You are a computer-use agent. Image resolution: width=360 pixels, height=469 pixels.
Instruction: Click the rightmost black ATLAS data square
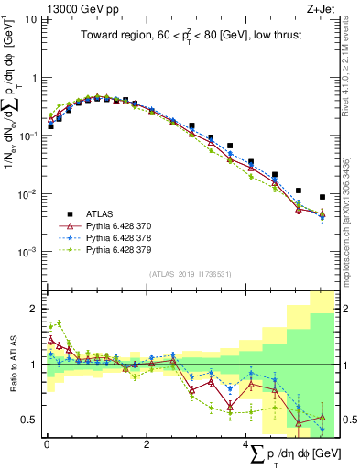[x=322, y=197]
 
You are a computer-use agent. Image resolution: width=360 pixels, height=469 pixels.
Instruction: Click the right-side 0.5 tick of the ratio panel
[x=349, y=420]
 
